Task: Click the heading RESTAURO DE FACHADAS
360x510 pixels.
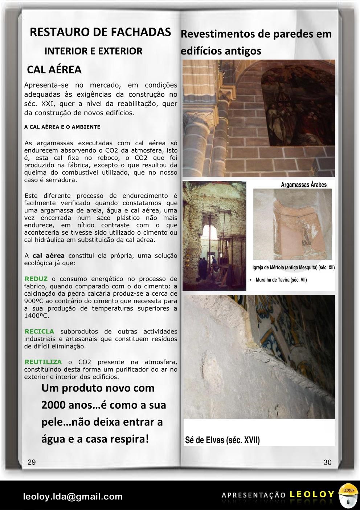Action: tap(101, 32)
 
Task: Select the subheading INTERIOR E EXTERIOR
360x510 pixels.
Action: tap(93, 51)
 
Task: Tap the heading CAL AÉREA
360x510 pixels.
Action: tap(54, 69)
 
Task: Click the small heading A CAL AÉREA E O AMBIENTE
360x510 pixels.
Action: tap(62, 127)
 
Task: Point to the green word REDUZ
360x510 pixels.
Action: tap(36, 279)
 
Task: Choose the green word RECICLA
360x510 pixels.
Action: tap(39, 331)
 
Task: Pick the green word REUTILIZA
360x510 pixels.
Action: tap(43, 362)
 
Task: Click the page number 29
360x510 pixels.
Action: tap(32, 462)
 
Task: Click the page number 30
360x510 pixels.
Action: tap(327, 462)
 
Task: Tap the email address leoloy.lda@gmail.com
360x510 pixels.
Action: tap(73, 496)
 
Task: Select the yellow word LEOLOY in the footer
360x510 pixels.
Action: tap(312, 494)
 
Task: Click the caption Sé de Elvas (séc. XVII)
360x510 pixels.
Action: tap(222, 440)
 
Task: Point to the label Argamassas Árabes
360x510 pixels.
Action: tap(304, 185)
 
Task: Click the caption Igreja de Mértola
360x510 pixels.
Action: tap(294, 268)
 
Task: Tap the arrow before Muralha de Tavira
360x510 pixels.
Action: tap(252, 280)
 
